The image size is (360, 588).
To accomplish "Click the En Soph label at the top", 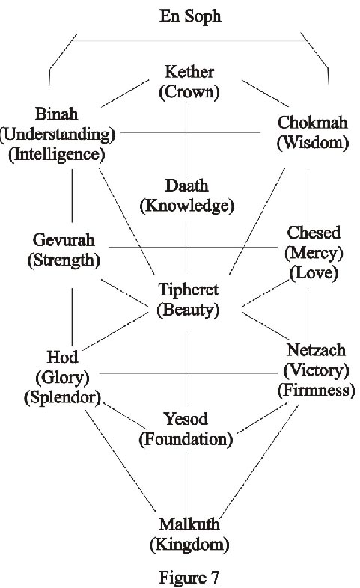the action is (x=190, y=17).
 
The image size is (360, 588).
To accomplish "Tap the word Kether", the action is (x=189, y=72).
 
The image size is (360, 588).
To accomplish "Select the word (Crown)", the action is (x=189, y=92).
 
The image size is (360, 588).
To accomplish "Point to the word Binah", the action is (x=56, y=114).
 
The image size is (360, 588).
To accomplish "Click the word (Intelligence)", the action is (x=57, y=155).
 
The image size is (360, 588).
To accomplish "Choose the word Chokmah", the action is (x=312, y=122).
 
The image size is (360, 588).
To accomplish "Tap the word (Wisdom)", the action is (x=313, y=143).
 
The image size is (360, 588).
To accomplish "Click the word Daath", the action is (x=187, y=186).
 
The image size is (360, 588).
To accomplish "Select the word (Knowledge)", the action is (x=187, y=206).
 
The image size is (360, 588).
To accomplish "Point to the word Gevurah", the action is (x=64, y=240).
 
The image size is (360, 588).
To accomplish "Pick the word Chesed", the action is (x=314, y=233).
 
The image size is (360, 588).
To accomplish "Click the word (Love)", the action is (x=314, y=272).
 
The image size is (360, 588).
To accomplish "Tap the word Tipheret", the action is (x=189, y=290).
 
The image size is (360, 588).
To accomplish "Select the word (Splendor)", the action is (x=63, y=397).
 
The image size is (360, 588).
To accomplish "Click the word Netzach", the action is (x=316, y=350).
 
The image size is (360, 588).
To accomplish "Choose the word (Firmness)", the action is (x=316, y=391).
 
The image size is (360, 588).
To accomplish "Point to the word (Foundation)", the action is (x=186, y=439).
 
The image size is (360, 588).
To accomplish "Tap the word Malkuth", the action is (x=189, y=524).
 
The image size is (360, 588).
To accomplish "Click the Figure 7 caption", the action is (x=189, y=578).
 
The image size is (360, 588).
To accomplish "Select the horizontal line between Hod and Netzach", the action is (x=188, y=373).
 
